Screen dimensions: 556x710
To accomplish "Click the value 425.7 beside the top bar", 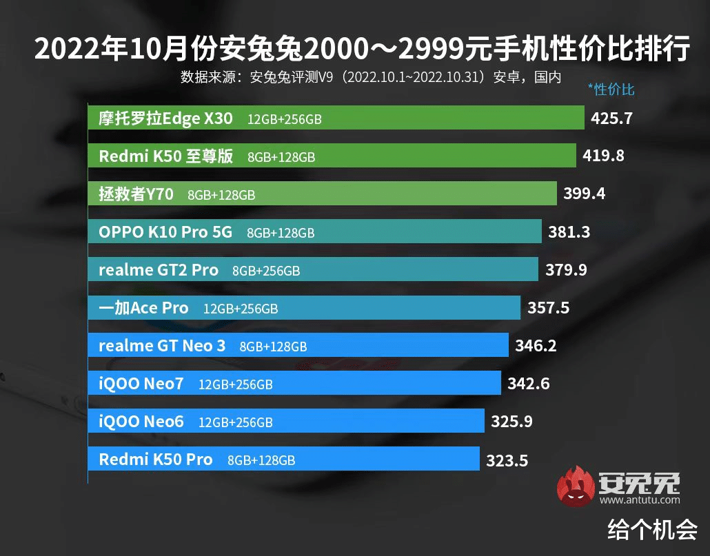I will click(x=611, y=119).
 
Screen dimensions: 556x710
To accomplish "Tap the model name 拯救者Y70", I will click(x=136, y=194).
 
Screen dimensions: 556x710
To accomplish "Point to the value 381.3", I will click(x=569, y=232).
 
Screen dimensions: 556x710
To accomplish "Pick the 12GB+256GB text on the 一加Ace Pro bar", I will click(x=241, y=309).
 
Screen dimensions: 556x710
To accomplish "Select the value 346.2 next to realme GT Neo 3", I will click(x=536, y=345).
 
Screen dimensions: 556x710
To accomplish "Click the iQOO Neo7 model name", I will click(x=141, y=383).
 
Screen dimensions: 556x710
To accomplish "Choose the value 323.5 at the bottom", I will click(x=507, y=460).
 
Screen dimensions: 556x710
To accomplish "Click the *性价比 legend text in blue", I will click(x=611, y=90).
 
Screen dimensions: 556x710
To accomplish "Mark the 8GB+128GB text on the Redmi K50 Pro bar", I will click(x=261, y=460).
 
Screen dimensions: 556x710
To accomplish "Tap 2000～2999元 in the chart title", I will click(x=411, y=50).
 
